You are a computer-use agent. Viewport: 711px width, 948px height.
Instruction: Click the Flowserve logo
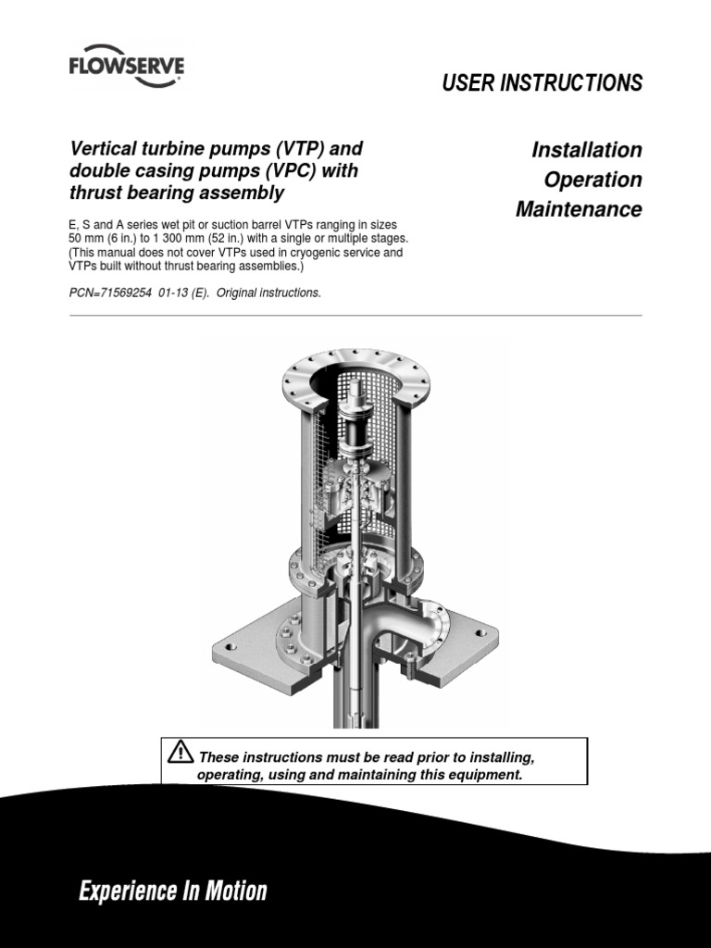point(126,69)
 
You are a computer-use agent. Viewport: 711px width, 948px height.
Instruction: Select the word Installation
point(586,150)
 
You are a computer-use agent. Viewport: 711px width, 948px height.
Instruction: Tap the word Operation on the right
point(586,180)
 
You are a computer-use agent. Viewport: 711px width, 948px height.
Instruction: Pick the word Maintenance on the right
point(579,209)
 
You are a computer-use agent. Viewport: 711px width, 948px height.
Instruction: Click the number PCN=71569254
point(114,293)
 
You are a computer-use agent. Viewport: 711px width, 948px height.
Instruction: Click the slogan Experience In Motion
point(172,892)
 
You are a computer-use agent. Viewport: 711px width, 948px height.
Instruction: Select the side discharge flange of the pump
point(432,624)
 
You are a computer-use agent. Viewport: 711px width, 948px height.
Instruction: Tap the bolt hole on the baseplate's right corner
point(480,635)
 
